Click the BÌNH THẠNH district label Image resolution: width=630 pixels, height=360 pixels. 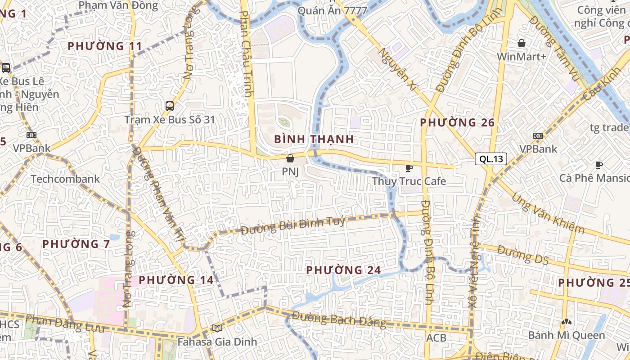point(314,139)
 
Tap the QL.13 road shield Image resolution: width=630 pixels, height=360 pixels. point(491,159)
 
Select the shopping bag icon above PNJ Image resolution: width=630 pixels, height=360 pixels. point(290,158)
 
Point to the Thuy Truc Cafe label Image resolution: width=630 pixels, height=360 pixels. point(409,181)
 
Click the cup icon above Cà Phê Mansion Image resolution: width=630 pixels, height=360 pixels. point(598,165)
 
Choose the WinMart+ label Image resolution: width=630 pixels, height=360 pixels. point(522,57)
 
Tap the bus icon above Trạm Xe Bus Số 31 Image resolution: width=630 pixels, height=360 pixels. point(170,106)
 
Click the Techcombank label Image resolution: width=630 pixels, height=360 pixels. point(65,179)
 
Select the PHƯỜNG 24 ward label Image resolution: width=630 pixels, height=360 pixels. point(343,270)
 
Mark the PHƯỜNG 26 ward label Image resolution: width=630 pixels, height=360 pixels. point(457,122)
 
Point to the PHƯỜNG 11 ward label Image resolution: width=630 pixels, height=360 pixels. point(105,46)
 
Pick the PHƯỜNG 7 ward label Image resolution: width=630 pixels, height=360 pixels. point(76,244)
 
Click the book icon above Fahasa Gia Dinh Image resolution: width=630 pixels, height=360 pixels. point(217,328)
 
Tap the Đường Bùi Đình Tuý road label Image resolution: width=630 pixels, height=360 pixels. point(293,225)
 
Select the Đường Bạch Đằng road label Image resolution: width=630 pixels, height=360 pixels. point(339,319)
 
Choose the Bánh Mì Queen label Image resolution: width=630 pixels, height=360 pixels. point(567,335)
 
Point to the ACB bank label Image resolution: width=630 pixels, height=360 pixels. point(436,337)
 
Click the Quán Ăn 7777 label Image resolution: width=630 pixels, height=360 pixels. point(333,11)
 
